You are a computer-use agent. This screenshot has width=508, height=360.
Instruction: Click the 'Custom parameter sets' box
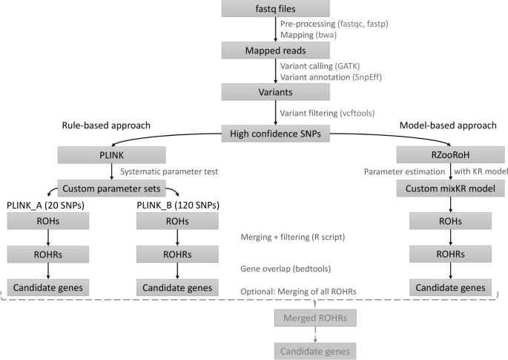pos(111,188)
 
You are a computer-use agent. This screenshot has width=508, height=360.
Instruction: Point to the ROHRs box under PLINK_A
pos(48,255)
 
